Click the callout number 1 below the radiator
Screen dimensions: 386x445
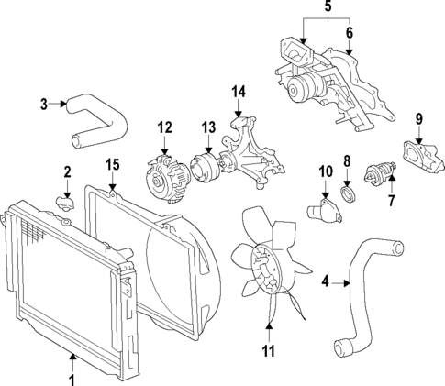click(70, 376)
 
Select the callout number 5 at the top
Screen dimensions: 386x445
click(326, 8)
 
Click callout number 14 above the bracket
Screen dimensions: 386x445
click(239, 91)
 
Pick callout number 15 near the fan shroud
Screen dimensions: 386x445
click(112, 165)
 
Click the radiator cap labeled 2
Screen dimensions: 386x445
click(63, 201)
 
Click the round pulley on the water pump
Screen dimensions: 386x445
click(299, 89)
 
